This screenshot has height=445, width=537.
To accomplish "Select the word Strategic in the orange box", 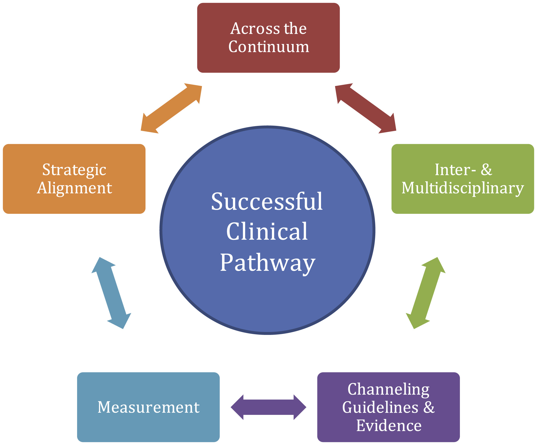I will pyautogui.click(x=74, y=170).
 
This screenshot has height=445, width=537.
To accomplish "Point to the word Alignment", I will pyautogui.click(x=74, y=188).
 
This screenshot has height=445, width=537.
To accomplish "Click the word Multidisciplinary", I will pyautogui.click(x=463, y=188).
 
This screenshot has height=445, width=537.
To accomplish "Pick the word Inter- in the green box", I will pyautogui.click(x=455, y=170).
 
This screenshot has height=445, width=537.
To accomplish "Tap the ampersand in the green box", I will pyautogui.click(x=486, y=170).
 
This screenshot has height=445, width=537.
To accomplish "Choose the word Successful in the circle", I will pyautogui.click(x=267, y=202).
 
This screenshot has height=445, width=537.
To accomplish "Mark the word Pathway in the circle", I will pyautogui.click(x=268, y=263).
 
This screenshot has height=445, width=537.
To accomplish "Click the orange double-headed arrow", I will pyautogui.click(x=171, y=108).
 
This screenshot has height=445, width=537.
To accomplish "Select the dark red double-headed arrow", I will pyautogui.click(x=366, y=108).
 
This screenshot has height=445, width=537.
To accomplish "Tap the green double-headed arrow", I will pyautogui.click(x=426, y=293).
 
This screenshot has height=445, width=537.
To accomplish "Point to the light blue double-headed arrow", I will pyautogui.click(x=111, y=293).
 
